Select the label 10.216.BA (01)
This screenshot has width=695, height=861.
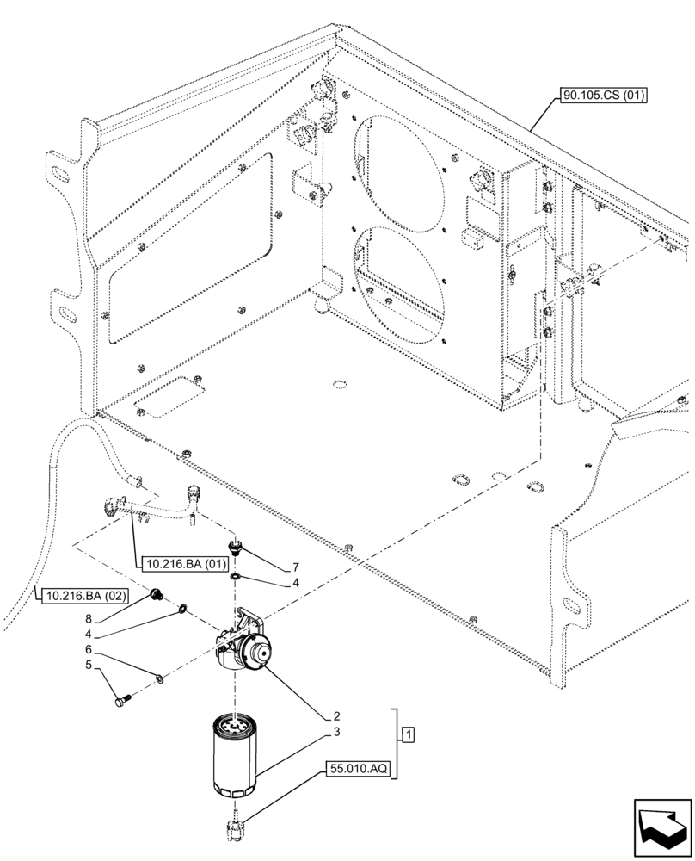pyautogui.click(x=181, y=565)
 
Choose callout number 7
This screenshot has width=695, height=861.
pyautogui.click(x=295, y=567)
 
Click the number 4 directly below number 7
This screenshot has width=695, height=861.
pyautogui.click(x=295, y=584)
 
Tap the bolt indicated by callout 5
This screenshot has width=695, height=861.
pyautogui.click(x=122, y=700)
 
